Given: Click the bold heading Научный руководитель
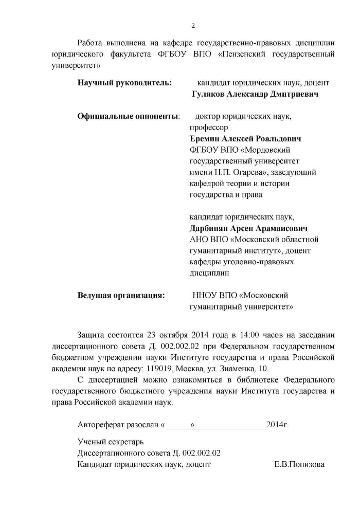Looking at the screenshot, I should (124, 82).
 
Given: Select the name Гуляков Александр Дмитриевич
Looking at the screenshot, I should (255, 94).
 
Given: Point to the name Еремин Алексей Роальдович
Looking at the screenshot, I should (246, 139).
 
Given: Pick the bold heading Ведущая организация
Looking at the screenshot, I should (121, 296).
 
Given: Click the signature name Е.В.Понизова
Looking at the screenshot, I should (300, 464).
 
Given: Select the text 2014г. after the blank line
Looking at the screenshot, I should (278, 425).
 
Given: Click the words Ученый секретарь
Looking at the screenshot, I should (111, 442).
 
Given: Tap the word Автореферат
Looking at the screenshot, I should (100, 425).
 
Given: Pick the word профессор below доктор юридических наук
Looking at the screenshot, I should (208, 128).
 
